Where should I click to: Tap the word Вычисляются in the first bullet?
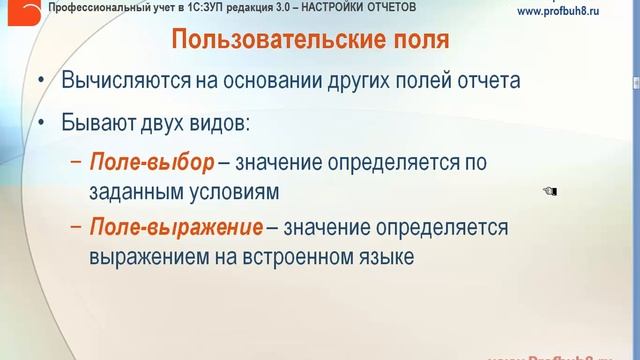point(123,82)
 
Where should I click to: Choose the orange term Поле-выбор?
point(152,161)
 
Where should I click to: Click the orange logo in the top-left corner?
point(22,12)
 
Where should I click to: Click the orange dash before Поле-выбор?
point(77,162)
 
